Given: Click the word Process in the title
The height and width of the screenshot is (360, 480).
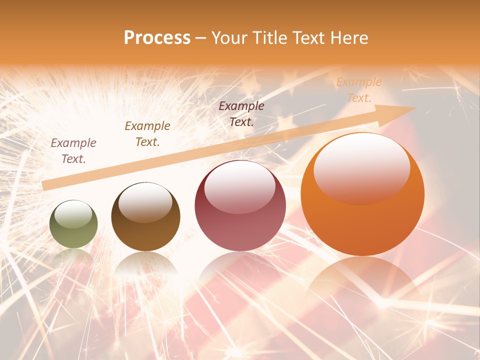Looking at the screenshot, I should click(x=157, y=38).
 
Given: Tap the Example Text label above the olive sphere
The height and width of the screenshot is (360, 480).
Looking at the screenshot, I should click(x=73, y=151).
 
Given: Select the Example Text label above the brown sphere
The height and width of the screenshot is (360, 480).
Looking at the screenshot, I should click(x=147, y=134).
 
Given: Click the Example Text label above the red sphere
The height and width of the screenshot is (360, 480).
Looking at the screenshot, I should click(x=241, y=113).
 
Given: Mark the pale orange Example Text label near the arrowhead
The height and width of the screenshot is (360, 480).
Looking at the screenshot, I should click(x=359, y=90).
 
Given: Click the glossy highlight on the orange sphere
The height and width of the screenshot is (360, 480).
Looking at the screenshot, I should click(x=361, y=167).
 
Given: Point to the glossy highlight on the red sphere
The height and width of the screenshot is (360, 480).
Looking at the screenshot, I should click(x=239, y=186).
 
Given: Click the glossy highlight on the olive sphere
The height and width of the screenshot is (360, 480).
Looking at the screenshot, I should click(x=73, y=214).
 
